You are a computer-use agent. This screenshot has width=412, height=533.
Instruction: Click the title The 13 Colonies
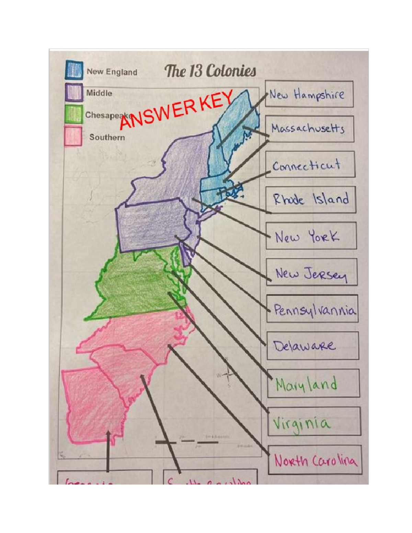[210, 71]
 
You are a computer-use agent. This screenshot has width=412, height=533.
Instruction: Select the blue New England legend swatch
[74, 70]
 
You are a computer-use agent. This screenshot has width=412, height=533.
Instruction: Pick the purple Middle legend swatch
[74, 92]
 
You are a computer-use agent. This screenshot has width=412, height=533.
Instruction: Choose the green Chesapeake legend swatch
[73, 114]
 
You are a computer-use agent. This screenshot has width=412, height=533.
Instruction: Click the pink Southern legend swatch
[73, 136]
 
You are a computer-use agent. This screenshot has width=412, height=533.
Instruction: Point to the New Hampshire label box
[309, 94]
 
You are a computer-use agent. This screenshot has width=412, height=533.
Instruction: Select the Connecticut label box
[310, 164]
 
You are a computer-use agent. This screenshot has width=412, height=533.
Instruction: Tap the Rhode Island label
[310, 199]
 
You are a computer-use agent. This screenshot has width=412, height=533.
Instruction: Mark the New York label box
[311, 235]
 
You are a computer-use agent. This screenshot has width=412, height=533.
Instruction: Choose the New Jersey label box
[312, 272]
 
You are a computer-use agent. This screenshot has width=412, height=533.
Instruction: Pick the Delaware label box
[313, 345]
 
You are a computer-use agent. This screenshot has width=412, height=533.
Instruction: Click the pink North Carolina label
[315, 460]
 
